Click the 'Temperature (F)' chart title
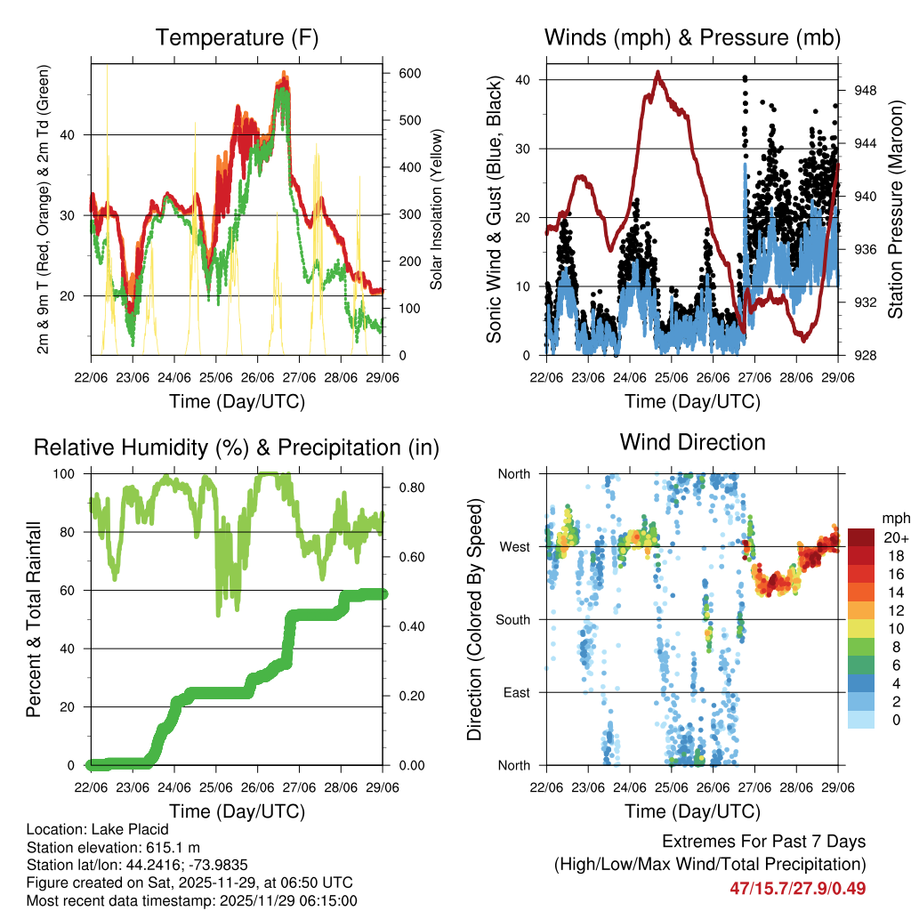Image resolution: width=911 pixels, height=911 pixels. tap(237, 38)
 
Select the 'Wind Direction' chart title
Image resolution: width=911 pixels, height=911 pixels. tap(692, 441)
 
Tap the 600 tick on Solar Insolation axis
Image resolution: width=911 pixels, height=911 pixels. tap(409, 74)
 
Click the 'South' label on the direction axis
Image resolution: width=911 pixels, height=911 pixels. tap(513, 619)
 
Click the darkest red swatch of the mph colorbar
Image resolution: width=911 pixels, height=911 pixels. tap(860, 537)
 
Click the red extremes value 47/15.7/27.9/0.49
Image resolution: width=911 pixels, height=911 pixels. tap(798, 888)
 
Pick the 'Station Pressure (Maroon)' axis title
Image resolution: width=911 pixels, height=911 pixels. tap(896, 210)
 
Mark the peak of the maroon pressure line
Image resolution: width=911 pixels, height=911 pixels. tap(658, 72)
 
